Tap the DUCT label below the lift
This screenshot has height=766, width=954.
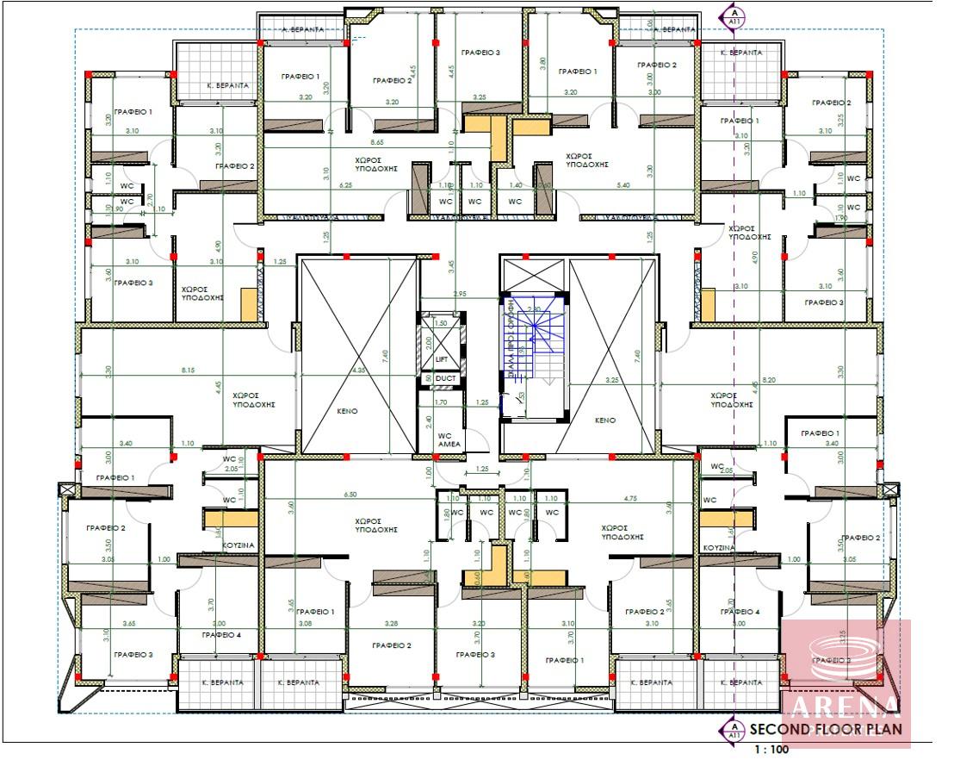(446, 378)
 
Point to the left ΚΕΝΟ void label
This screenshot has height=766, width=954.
(347, 411)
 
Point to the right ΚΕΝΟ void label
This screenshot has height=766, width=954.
(604, 420)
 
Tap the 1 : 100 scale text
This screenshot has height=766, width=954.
(771, 750)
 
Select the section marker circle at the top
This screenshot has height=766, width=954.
(733, 15)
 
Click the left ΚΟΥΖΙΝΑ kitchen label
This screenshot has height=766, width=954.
(236, 546)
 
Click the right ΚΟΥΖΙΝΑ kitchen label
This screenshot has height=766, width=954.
(717, 548)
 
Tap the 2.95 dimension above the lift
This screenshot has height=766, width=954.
(460, 295)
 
